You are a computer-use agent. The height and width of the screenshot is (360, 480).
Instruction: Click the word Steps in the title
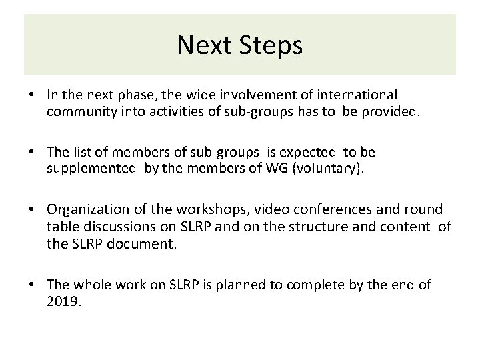270,46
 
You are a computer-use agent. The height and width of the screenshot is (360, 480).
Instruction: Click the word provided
391,113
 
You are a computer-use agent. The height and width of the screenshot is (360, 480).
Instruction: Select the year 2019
63,302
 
